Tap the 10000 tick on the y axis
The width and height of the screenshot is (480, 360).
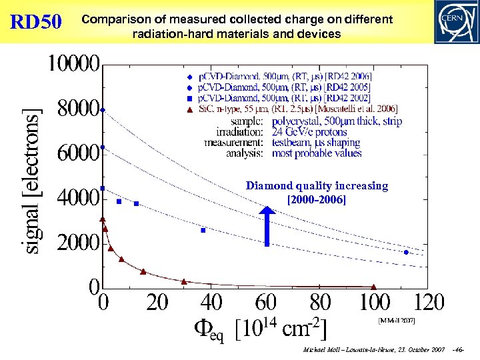(x=73, y=65)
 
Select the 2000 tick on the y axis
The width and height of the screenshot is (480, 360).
(x=78, y=243)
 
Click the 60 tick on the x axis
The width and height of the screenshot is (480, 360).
(x=265, y=303)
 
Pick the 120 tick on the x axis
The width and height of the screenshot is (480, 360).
(x=429, y=303)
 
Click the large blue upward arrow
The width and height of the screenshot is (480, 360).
(x=267, y=227)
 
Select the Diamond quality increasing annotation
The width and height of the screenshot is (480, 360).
(x=317, y=193)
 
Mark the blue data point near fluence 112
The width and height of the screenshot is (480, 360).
(x=406, y=252)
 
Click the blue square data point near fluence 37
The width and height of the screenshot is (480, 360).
(x=203, y=230)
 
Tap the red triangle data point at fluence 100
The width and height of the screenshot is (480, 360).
(x=373, y=287)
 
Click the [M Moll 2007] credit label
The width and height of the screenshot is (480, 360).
(x=397, y=321)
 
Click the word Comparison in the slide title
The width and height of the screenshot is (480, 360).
(x=111, y=20)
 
